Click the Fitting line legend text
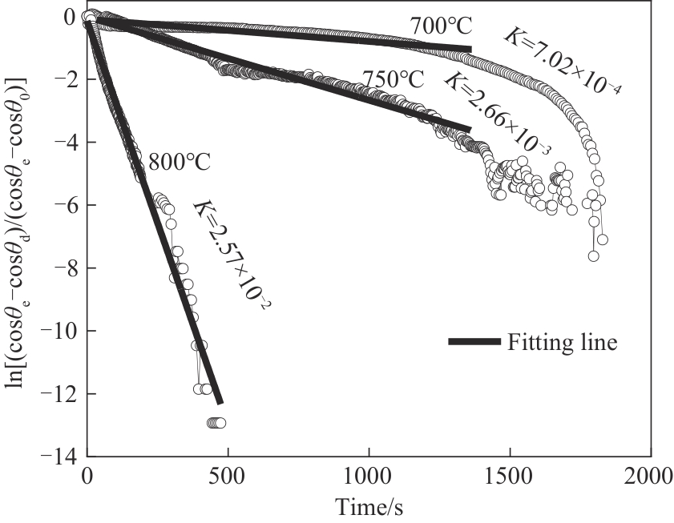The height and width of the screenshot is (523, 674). pos(561,343)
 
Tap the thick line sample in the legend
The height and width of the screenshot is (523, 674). pos(474,342)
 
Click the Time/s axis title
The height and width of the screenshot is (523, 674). pos(368,508)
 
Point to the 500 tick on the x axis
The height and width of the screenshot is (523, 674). pos(228,478)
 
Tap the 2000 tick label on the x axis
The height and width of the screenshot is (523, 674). pos(648,478)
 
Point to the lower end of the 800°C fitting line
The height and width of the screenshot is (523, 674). pos(220,402)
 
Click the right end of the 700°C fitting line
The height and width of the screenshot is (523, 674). pos(470,50)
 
